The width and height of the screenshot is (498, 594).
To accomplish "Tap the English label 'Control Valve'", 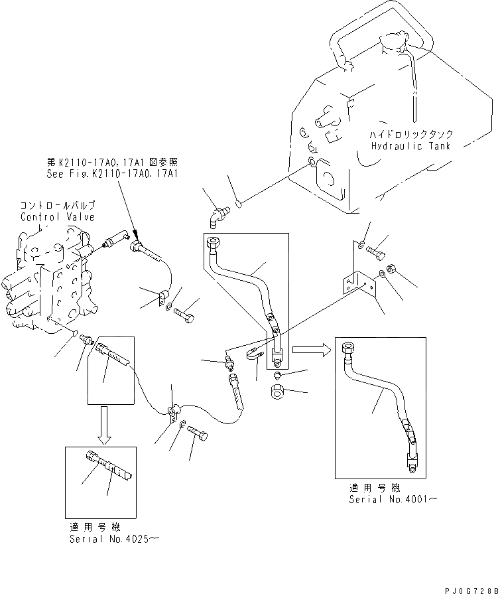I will (57, 217).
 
